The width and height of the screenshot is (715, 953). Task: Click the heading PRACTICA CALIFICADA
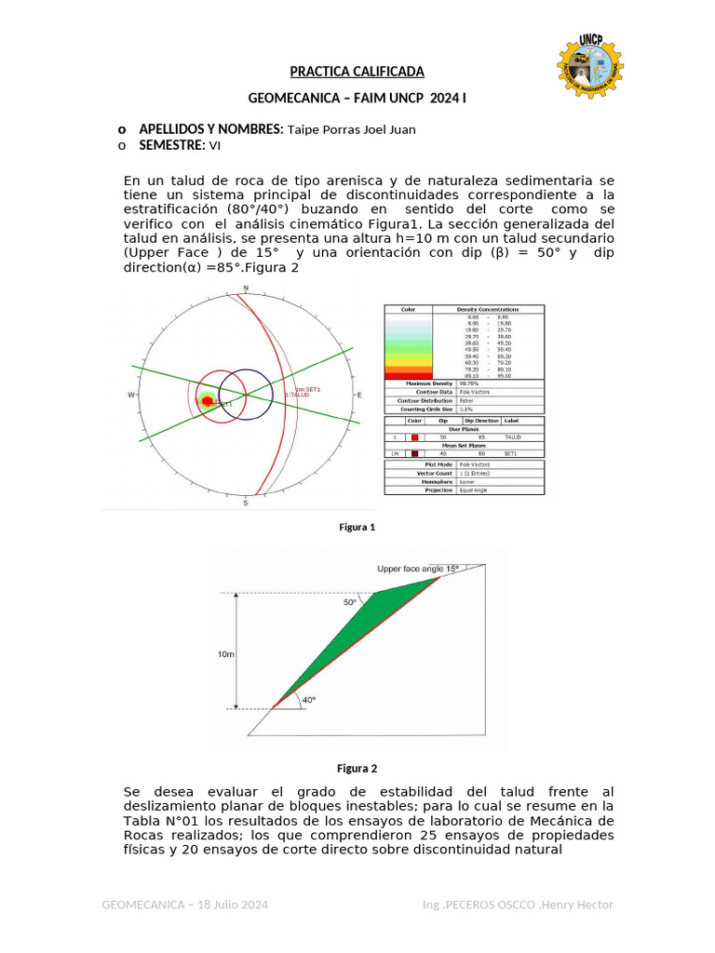357,72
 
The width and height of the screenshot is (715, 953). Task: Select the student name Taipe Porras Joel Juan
350,129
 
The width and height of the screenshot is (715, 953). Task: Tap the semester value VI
215,146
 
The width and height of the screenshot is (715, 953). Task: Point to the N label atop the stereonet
246,288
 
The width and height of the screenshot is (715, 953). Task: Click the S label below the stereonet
246,503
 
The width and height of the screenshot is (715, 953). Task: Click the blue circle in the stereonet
246,395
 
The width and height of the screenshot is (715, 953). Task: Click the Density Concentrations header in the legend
487,309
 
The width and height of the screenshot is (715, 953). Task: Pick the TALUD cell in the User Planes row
512,436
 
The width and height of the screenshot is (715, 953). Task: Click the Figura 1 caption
357,528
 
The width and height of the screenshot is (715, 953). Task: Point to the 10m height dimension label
226,655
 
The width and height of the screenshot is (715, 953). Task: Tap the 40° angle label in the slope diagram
308,699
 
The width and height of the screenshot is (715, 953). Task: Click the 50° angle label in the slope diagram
350,602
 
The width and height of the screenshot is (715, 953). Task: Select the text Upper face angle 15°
418,568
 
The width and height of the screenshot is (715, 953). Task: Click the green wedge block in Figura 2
354,633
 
